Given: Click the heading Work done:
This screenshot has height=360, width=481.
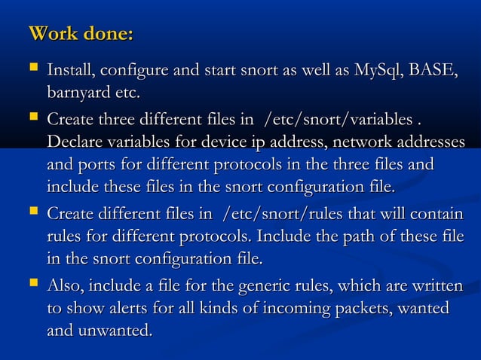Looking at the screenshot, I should click(x=81, y=34).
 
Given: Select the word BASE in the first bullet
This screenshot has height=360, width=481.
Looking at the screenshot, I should click(x=434, y=72).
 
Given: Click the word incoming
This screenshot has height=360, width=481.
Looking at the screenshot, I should click(x=290, y=309).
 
